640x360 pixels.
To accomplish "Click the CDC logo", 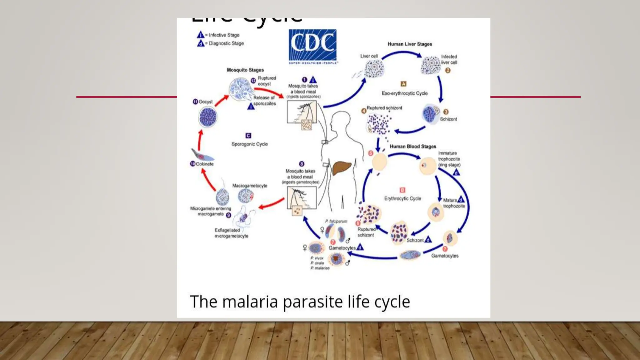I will (312, 46).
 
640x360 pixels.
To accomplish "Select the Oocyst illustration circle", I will (208, 117).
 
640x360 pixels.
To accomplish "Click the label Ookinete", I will (205, 164).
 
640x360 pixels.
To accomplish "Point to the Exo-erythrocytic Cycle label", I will (404, 93).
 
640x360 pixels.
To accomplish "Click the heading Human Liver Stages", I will (410, 44).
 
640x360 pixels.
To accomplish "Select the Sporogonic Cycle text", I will (249, 144).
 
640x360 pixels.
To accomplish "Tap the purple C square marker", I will (248, 136).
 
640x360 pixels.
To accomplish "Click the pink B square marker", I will (402, 190).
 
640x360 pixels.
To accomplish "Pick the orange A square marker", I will (403, 84).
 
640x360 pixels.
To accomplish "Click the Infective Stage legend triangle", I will (200, 35).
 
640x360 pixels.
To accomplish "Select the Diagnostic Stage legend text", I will (226, 43).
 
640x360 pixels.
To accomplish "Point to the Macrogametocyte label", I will (250, 186).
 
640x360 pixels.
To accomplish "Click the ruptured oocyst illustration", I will (240, 89).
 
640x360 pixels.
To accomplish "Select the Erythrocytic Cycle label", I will (402, 198).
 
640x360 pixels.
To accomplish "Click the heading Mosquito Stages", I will (245, 70).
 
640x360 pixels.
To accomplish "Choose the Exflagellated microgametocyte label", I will (231, 233).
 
